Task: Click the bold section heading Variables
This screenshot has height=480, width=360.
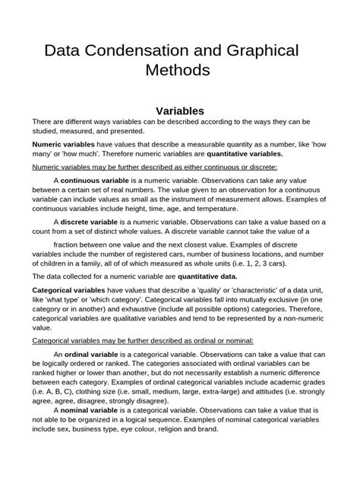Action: click(x=179, y=111)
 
